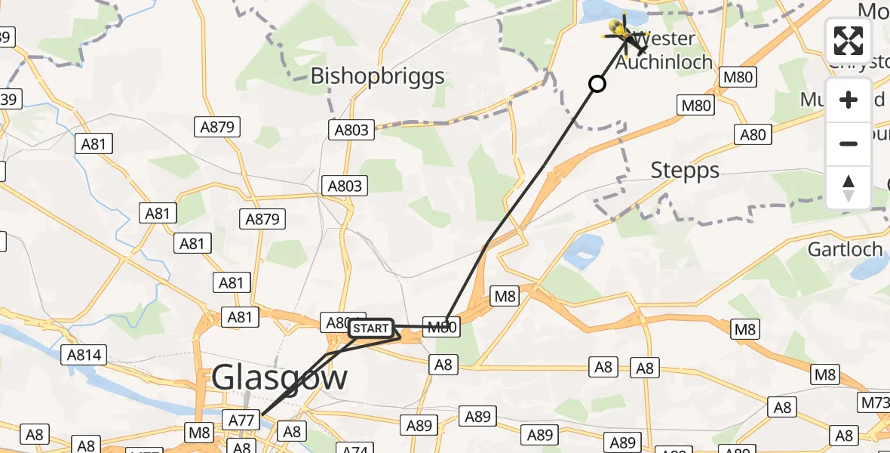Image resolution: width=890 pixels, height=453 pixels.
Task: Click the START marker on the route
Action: click(x=370, y=328)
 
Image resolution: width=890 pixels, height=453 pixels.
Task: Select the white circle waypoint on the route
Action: click(x=597, y=84)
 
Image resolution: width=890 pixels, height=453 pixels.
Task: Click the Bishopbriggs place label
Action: click(x=378, y=76)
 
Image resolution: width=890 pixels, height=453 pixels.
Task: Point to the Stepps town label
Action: click(x=685, y=171)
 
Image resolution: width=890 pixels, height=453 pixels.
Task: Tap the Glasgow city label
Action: click(x=280, y=376)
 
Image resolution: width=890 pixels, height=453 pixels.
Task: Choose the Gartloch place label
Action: click(x=845, y=248)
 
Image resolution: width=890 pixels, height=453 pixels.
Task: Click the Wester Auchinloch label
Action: click(x=664, y=50)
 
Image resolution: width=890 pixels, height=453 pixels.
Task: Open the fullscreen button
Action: click(x=849, y=41)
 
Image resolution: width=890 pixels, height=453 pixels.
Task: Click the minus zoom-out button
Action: click(x=849, y=143)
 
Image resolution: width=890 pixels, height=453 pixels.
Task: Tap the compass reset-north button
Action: click(x=849, y=187)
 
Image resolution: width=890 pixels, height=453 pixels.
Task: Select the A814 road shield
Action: click(x=87, y=354)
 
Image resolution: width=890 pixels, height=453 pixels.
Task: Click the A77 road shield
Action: click(x=242, y=418)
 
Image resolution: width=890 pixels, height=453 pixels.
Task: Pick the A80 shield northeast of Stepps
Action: click(x=753, y=134)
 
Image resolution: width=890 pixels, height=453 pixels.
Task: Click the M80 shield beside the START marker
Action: click(x=442, y=327)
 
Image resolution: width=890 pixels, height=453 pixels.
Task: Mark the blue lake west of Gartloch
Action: click(x=583, y=251)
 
